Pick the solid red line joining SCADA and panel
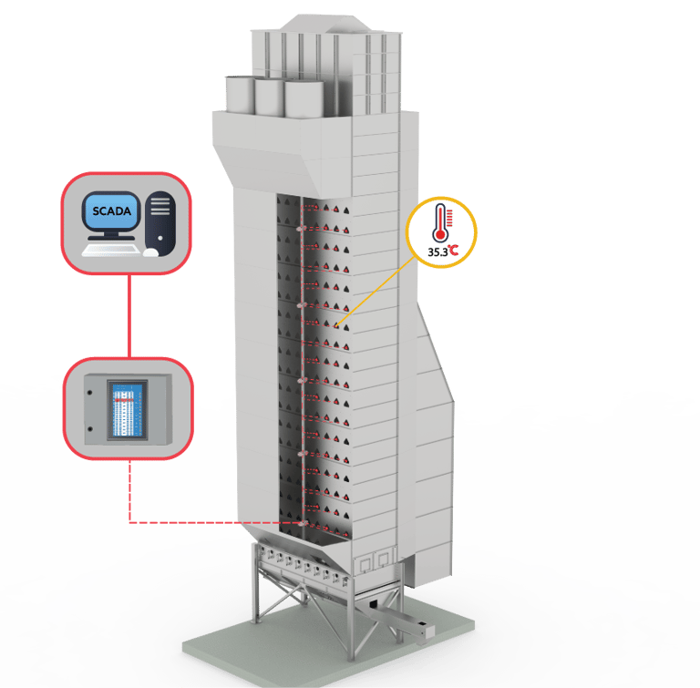coord(128,314)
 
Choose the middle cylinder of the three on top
coord(270,97)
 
